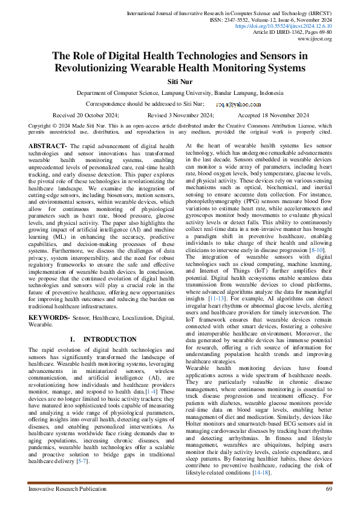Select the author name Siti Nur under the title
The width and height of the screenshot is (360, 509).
tap(180, 81)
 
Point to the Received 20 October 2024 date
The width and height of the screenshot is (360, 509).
tap(86, 115)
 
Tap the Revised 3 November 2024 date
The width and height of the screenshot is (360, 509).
tap(180, 115)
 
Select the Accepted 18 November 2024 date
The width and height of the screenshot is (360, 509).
tap(273, 115)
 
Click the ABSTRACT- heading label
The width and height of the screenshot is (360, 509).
tap(48, 146)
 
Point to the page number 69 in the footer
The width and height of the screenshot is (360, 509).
tap(329, 488)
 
